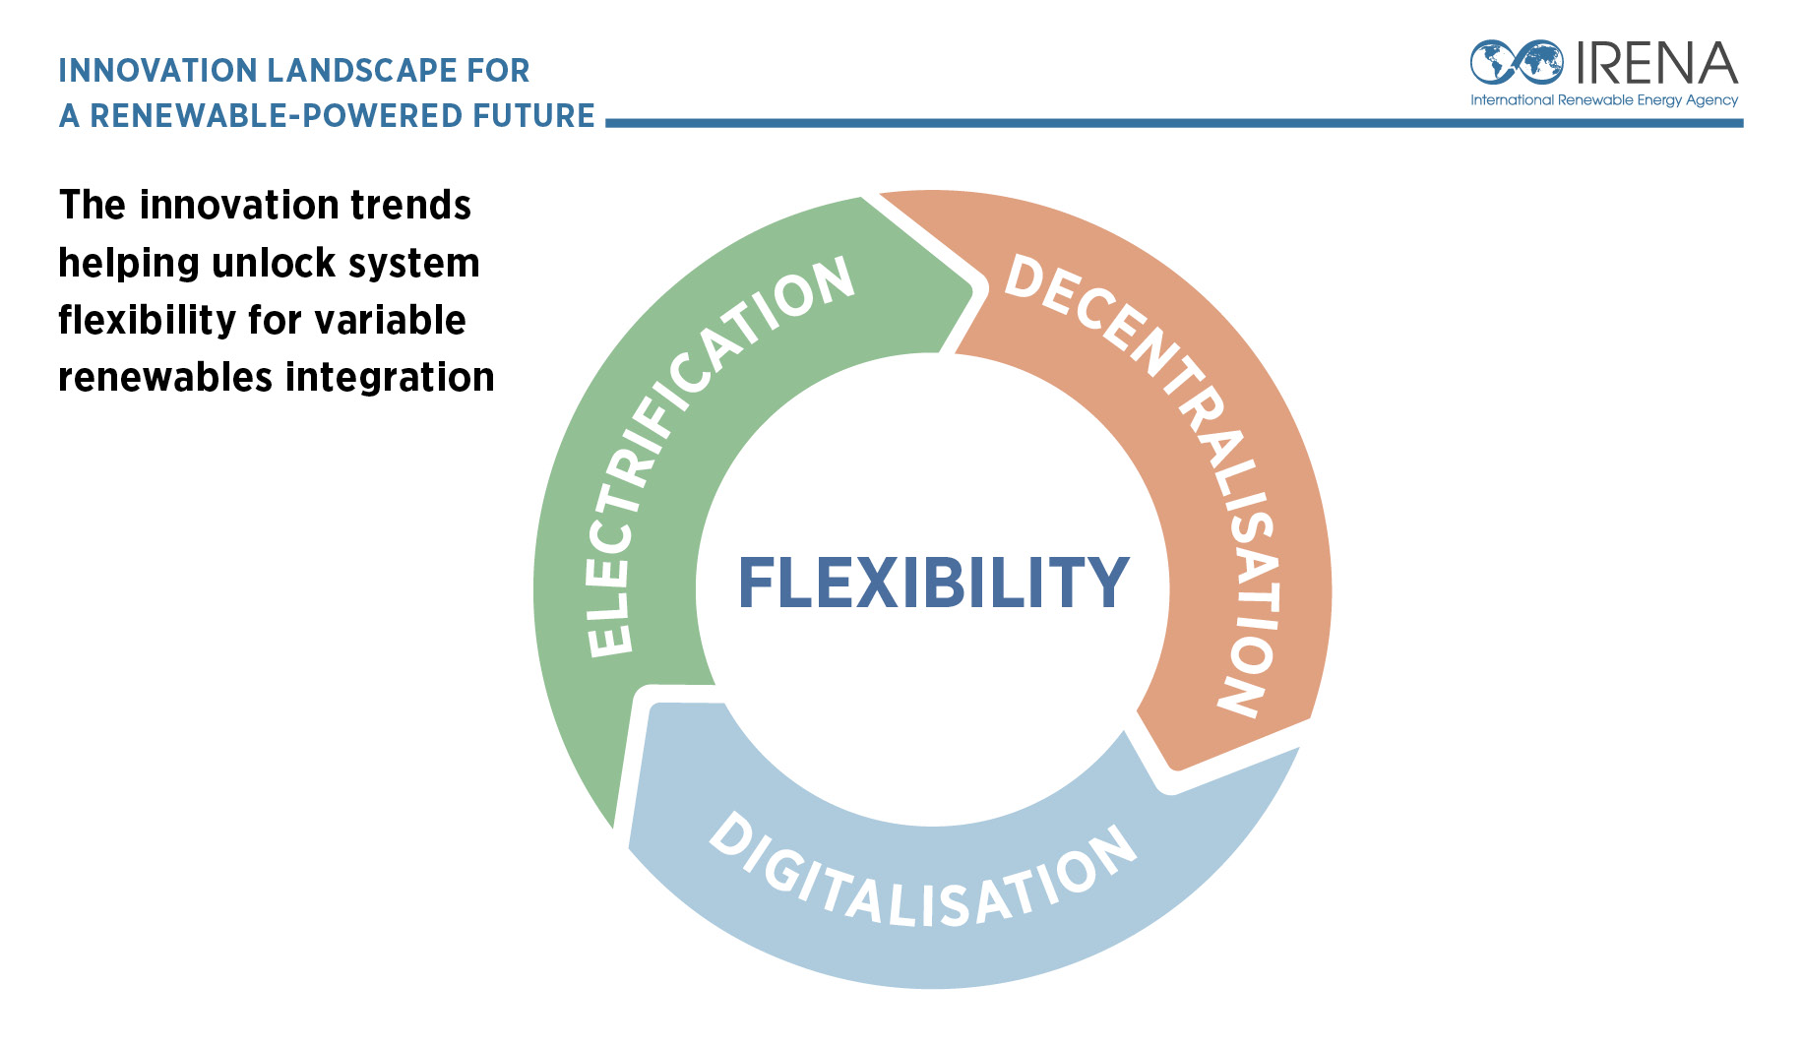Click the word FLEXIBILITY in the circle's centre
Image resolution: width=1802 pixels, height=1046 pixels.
click(933, 583)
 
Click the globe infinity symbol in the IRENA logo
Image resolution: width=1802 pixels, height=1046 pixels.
click(1517, 62)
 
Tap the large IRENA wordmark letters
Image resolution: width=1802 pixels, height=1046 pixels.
click(1657, 63)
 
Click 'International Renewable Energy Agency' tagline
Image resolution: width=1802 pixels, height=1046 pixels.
click(1604, 100)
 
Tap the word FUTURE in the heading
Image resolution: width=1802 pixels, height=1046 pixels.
click(533, 116)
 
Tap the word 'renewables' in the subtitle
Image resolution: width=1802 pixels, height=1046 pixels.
click(165, 378)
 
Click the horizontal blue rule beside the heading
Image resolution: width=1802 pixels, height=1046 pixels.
click(1174, 123)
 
